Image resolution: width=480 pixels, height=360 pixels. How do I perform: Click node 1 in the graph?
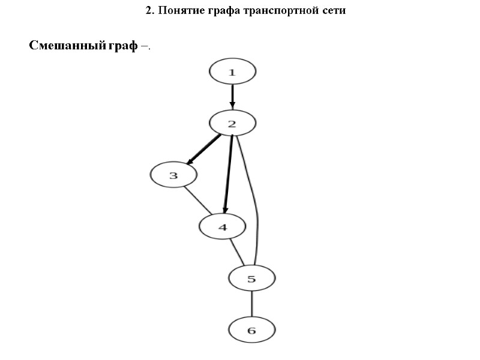(x=233, y=72)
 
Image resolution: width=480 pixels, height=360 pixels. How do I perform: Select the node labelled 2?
(x=233, y=124)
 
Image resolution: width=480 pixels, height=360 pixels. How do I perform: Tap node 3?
(x=173, y=176)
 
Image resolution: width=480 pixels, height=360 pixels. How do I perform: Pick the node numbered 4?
(x=223, y=227)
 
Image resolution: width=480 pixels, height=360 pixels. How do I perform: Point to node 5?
(x=252, y=278)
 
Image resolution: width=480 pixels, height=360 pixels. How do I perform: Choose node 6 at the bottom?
(x=252, y=330)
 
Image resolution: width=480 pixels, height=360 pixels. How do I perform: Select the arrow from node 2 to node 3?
(x=204, y=149)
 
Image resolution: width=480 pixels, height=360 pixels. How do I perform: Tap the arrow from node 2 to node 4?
(x=228, y=174)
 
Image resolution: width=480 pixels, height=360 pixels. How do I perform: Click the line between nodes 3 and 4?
(x=197, y=201)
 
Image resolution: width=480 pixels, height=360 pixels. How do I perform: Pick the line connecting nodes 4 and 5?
(x=236, y=251)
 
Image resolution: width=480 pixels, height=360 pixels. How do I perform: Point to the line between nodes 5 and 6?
(x=252, y=304)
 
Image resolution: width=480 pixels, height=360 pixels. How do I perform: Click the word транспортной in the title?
(x=278, y=11)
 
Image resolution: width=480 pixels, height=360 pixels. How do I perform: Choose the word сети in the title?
(x=333, y=11)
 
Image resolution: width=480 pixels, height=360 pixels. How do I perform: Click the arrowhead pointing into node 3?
(x=189, y=161)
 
